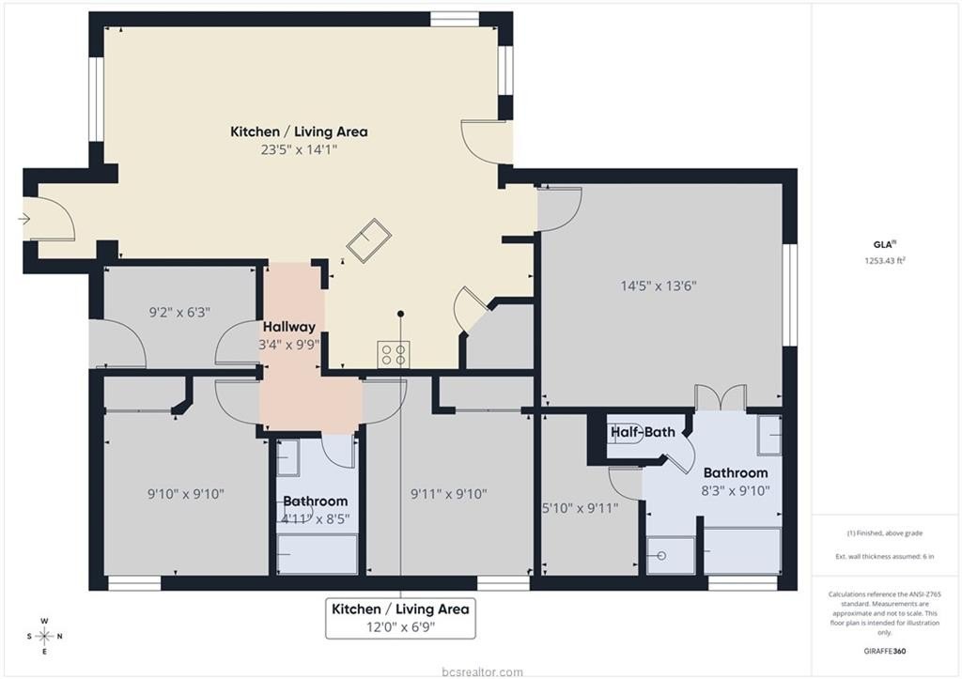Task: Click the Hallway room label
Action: click(x=289, y=327)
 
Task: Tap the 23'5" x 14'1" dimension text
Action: click(x=299, y=149)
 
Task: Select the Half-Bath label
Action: click(x=643, y=432)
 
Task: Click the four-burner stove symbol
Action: click(x=394, y=354)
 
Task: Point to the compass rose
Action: click(x=45, y=636)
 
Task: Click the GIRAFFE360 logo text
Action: click(x=885, y=652)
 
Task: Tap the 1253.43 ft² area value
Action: click(x=885, y=261)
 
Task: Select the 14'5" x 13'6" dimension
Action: click(x=659, y=285)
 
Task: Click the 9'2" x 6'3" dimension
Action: click(x=179, y=312)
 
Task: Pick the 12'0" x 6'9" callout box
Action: click(x=400, y=618)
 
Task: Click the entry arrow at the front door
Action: click(x=23, y=219)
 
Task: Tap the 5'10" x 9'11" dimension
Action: click(x=581, y=508)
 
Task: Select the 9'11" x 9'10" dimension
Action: click(x=448, y=494)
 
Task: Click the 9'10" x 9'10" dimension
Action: click(x=186, y=494)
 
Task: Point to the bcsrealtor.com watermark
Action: click(x=482, y=672)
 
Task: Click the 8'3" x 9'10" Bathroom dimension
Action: click(x=736, y=490)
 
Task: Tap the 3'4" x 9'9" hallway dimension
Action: click(x=289, y=345)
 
